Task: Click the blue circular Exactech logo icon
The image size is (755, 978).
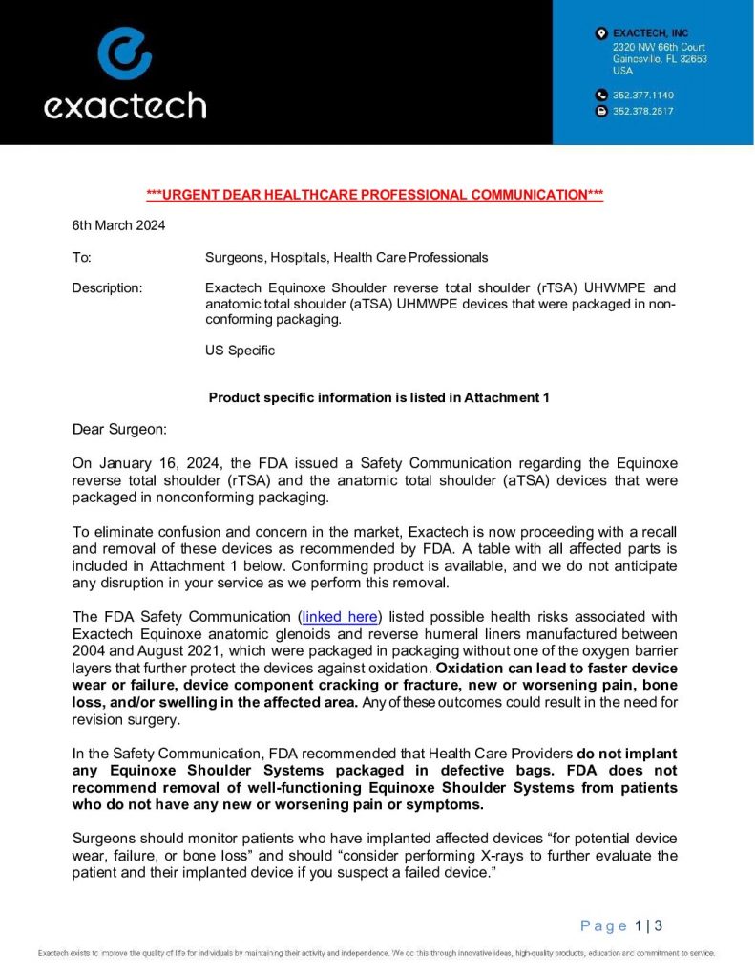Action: point(124,53)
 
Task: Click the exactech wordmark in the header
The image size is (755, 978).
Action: point(124,105)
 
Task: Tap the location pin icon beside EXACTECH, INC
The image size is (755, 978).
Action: point(600,33)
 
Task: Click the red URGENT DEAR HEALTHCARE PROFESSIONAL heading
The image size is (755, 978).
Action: point(374,195)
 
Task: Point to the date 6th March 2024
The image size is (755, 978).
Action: point(118,226)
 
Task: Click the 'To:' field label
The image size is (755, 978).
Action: point(82,257)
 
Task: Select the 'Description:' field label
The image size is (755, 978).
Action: point(108,287)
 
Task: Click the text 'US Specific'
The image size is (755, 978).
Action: point(240,351)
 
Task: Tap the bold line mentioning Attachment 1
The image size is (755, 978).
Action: point(378,397)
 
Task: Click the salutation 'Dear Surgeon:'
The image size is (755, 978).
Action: point(119,429)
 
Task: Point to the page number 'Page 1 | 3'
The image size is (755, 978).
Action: point(621,925)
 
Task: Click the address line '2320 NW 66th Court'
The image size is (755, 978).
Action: point(659,46)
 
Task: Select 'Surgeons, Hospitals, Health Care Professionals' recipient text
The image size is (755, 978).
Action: point(346,257)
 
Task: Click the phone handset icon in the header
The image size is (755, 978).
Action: point(600,96)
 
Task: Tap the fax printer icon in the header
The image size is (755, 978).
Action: point(600,111)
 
